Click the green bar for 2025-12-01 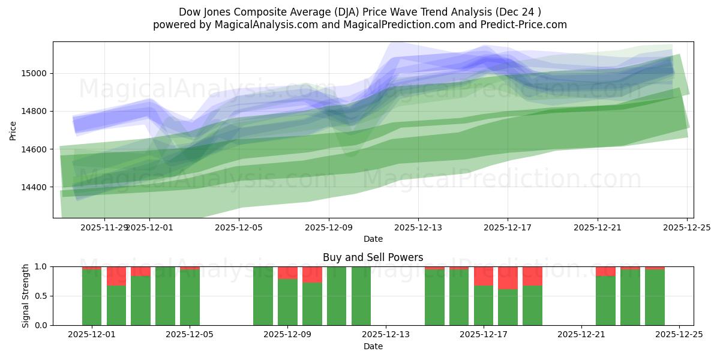[x=92, y=297]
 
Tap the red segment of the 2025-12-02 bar [x=116, y=276]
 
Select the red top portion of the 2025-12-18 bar [x=508, y=277]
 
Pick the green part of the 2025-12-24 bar [x=655, y=298]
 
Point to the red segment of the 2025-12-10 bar [x=312, y=274]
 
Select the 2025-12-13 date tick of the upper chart [x=418, y=227]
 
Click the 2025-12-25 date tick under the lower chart [x=679, y=334]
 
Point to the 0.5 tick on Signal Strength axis [x=43, y=296]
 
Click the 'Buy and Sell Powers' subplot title [x=373, y=257]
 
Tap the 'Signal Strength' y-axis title [x=26, y=295]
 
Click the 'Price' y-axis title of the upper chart [x=13, y=130]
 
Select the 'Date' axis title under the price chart [x=373, y=239]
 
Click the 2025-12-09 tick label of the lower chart [x=287, y=334]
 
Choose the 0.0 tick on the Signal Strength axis [x=43, y=325]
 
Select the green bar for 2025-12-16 [x=458, y=298]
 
